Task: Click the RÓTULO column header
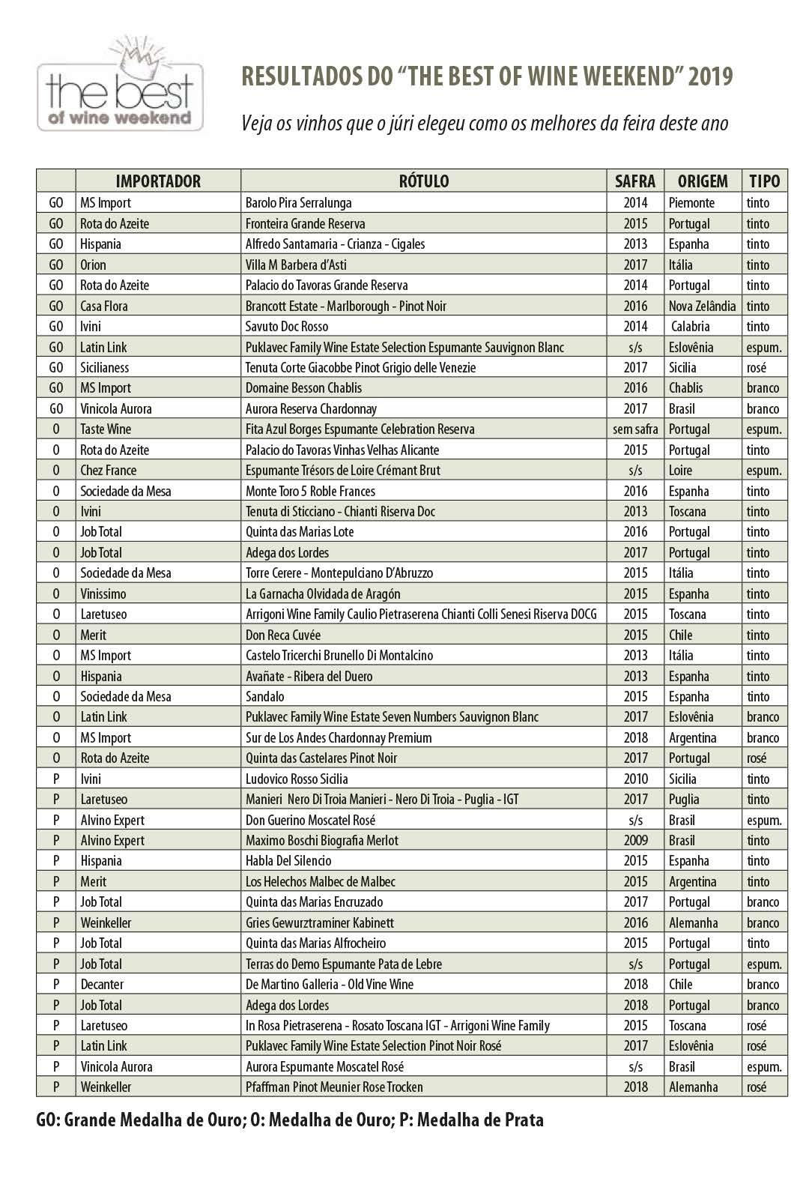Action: click(x=423, y=181)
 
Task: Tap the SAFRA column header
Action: click(x=635, y=181)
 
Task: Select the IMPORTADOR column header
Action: click(x=158, y=181)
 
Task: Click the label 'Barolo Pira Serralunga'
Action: click(x=298, y=202)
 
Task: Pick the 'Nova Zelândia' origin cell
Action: click(x=702, y=306)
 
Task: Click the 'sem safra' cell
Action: click(x=635, y=429)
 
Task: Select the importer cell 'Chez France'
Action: click(x=108, y=471)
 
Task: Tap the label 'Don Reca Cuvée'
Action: click(x=283, y=635)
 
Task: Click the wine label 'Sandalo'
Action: click(x=265, y=696)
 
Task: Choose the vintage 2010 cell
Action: click(x=635, y=779)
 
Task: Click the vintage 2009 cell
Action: click(x=635, y=840)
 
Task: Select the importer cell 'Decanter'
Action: click(x=102, y=984)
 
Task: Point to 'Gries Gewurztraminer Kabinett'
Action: click(x=320, y=922)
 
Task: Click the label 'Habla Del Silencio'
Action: click(x=288, y=860)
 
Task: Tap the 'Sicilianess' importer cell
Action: click(x=105, y=367)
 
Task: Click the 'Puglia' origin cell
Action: click(x=684, y=799)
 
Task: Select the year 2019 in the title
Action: click(x=710, y=76)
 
